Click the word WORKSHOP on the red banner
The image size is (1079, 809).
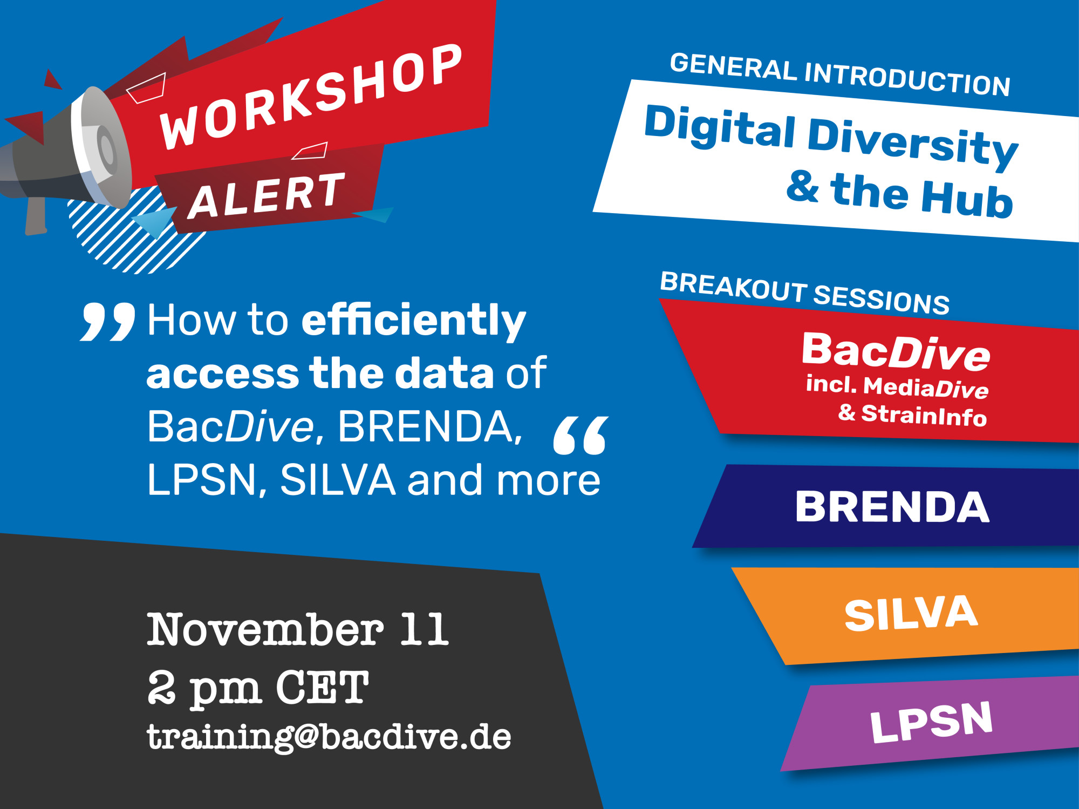click(x=311, y=97)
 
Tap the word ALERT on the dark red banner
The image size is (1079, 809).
click(x=267, y=195)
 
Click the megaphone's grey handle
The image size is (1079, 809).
click(x=36, y=216)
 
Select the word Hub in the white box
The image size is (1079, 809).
click(x=967, y=198)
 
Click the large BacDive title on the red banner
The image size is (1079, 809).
click(x=896, y=352)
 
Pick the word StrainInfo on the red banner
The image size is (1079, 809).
click(x=924, y=415)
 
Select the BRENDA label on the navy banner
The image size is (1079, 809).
click(x=892, y=507)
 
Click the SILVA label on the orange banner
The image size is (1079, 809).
click(x=911, y=614)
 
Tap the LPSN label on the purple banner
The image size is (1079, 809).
click(x=932, y=722)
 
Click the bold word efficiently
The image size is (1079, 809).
click(x=414, y=321)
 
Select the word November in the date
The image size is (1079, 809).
click(x=265, y=629)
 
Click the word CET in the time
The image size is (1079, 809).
click(x=323, y=687)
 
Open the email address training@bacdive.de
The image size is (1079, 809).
click(x=329, y=737)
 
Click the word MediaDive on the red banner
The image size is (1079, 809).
click(x=926, y=387)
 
